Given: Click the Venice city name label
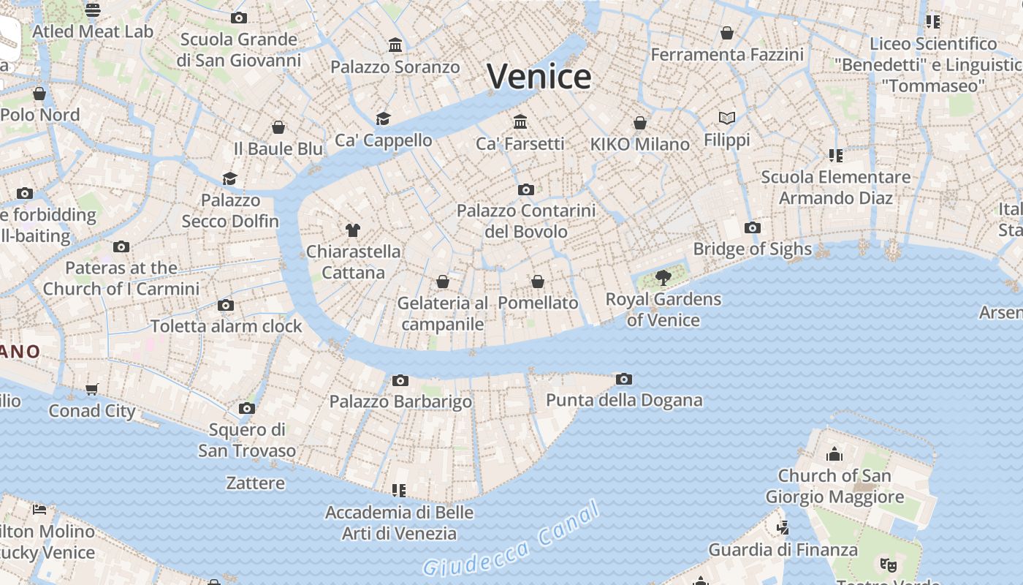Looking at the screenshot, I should pos(539,76).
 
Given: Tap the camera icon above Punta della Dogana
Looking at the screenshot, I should pos(623,379).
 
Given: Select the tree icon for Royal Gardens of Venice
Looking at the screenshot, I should pos(663,278).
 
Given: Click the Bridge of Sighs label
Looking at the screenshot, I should pos(752,249).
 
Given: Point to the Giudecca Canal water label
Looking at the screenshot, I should pos(512,540).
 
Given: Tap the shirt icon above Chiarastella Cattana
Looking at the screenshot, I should pos(353,230).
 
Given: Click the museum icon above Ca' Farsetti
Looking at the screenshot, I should pos(520,121).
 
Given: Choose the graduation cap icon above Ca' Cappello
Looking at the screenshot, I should pos(383,118).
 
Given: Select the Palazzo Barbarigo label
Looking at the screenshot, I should pos(400,401).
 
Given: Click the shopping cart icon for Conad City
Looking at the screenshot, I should pos(92,389).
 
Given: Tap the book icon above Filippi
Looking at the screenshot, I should pos(726,118).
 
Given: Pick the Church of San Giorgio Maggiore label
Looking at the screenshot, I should pos(834,486).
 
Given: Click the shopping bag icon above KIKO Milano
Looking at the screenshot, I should pos(640,123).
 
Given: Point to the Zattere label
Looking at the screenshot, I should pos(255,483).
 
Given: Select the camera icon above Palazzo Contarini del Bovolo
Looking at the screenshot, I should pos(525,189).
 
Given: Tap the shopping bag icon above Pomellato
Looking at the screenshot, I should pos(538,282).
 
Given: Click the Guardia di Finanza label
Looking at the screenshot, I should pos(783,549).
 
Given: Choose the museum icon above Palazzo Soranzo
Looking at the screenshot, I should pos(395,45).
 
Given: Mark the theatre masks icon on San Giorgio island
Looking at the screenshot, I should pos(888,564).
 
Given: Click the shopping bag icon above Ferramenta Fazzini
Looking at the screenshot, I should pos(726,33).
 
